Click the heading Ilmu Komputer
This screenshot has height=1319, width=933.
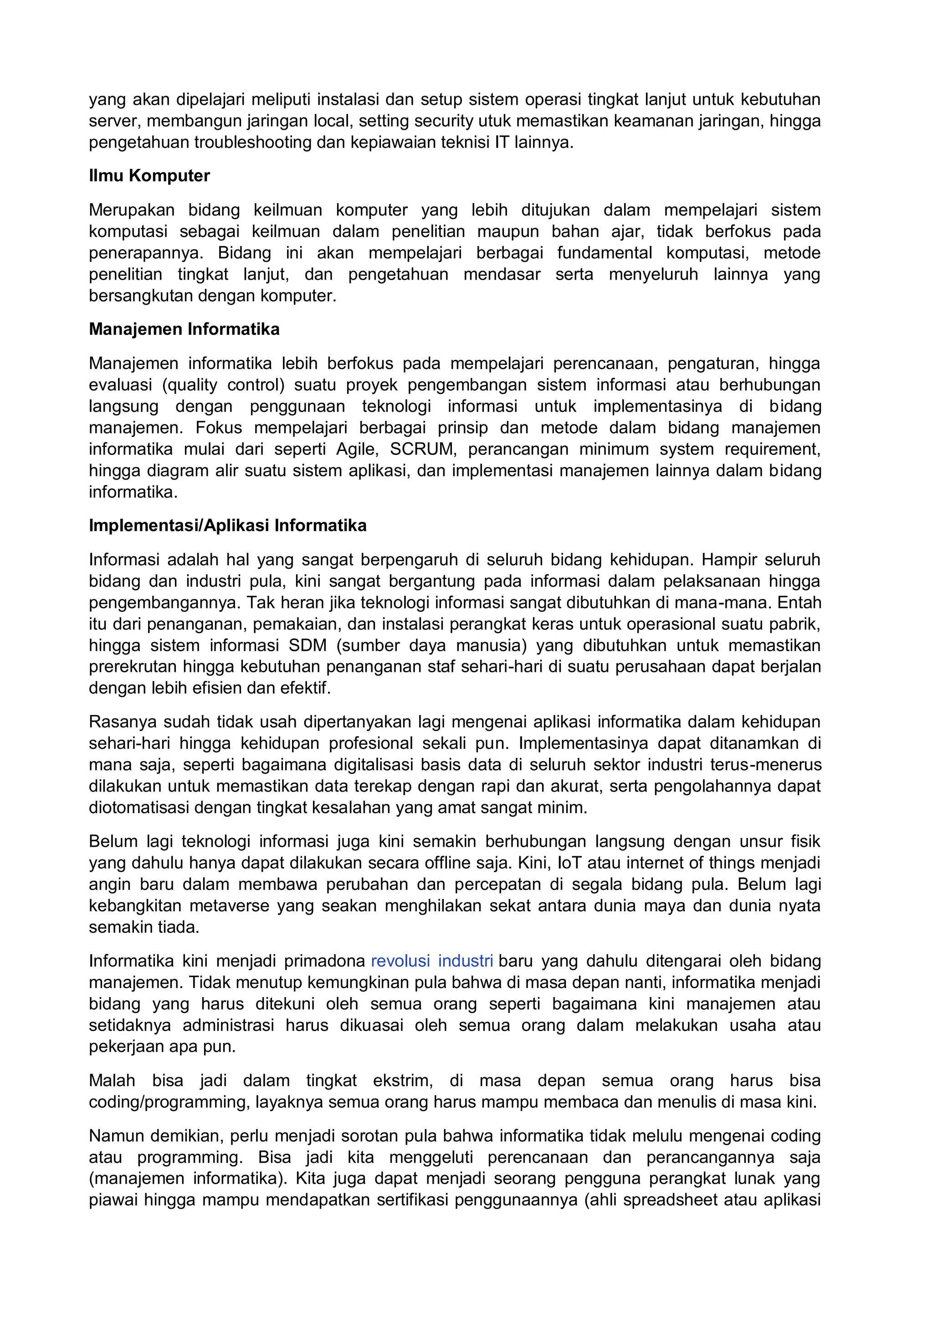(149, 176)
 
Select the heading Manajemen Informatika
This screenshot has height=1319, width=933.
(184, 329)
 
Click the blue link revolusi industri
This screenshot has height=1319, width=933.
(432, 961)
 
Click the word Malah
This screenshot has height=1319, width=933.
(112, 1081)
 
